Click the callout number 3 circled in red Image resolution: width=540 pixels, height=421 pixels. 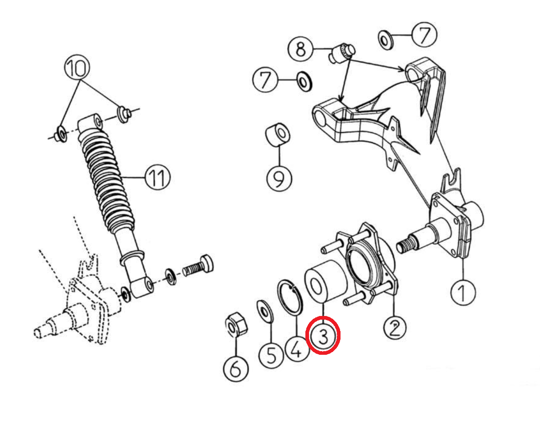(323, 335)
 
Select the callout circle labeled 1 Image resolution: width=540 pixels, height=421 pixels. (463, 292)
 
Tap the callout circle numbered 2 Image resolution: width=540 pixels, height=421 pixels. (395, 327)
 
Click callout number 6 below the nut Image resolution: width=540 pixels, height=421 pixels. (236, 369)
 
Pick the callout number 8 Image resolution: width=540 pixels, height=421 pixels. (301, 49)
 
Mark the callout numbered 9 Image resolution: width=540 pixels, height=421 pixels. (279, 179)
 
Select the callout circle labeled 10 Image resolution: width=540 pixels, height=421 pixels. (77, 67)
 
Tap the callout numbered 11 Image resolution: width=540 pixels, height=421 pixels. (158, 177)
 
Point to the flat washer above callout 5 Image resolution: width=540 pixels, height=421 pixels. (265, 311)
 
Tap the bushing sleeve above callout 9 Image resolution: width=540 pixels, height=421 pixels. (278, 134)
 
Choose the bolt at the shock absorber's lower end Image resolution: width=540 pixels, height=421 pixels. (198, 266)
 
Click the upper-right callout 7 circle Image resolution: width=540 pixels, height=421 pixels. (425, 35)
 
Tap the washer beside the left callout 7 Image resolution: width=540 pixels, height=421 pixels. (304, 82)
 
